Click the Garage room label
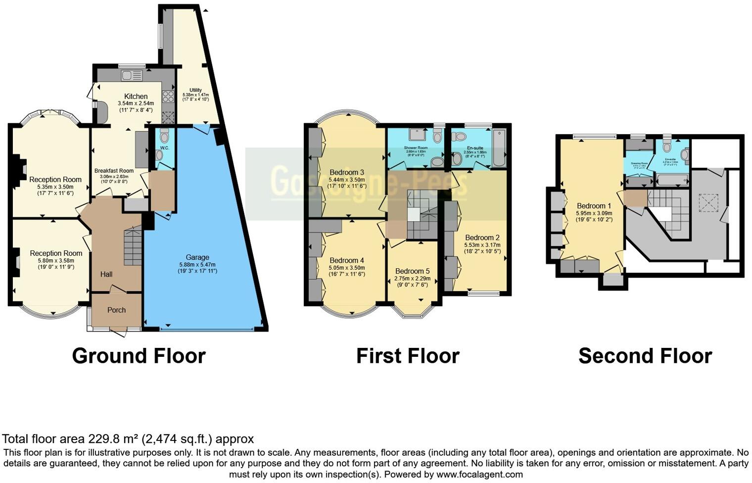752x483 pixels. [x=197, y=257]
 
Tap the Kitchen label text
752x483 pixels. [x=136, y=97]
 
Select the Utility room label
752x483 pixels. [x=195, y=90]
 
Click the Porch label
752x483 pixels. [x=117, y=310]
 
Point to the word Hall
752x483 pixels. [x=106, y=274]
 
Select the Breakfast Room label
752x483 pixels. [x=114, y=171]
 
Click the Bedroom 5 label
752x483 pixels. [x=413, y=271]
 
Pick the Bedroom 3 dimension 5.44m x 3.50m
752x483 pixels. [x=347, y=180]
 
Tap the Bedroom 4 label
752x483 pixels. [x=347, y=260]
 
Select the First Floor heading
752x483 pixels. [x=408, y=356]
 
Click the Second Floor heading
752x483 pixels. [x=645, y=356]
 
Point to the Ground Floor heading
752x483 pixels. [x=139, y=356]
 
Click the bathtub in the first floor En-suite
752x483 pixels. [x=499, y=147]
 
